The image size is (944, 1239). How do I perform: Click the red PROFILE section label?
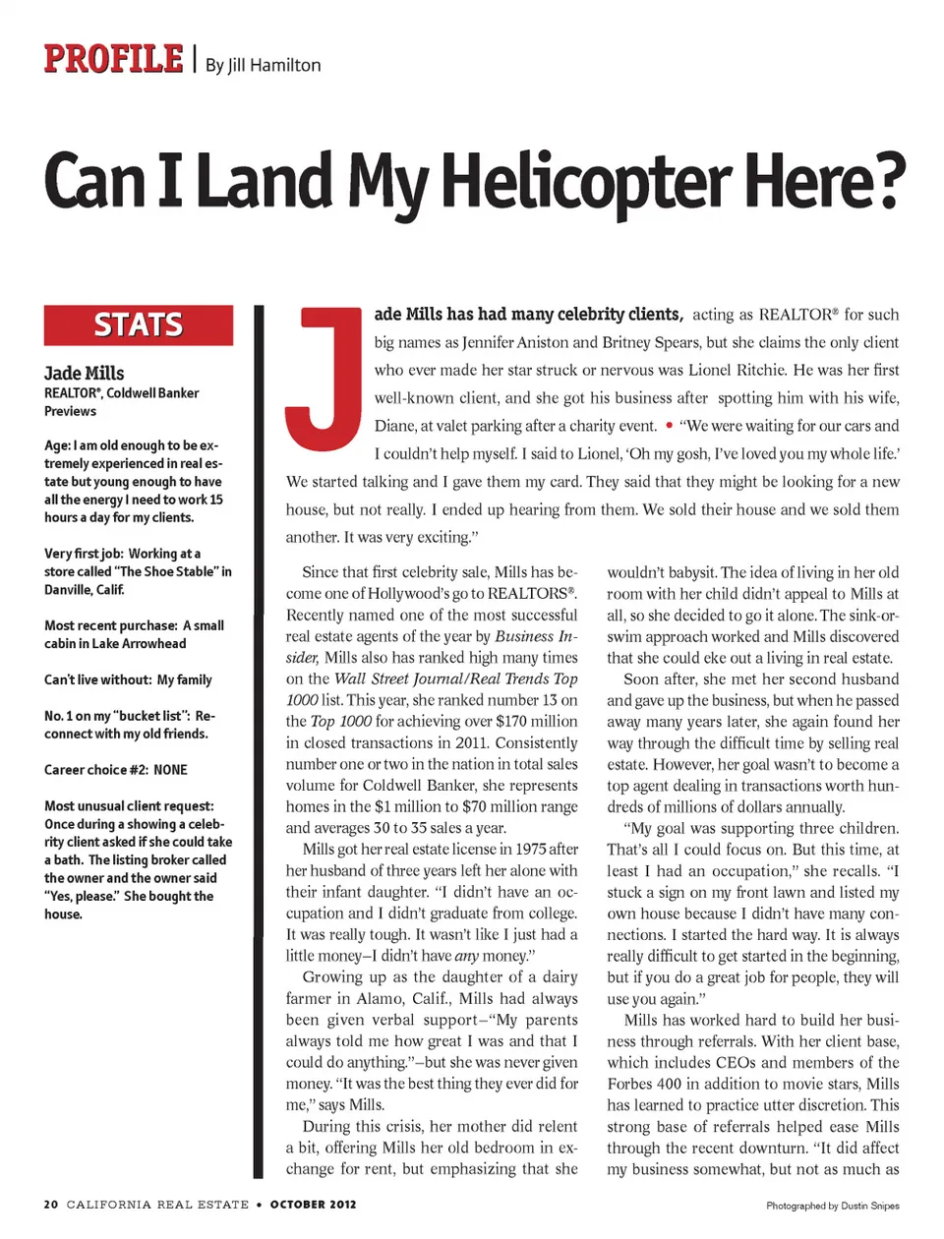[113, 60]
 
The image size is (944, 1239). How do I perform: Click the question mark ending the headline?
[886, 182]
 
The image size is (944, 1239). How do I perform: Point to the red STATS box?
[139, 325]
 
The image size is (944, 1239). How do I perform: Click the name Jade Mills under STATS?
[85, 374]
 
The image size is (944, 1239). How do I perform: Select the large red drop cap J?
[324, 379]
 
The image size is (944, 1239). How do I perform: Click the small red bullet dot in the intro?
[669, 426]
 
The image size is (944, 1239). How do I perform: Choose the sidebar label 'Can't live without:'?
[97, 679]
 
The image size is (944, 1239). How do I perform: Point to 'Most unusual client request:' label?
[129, 806]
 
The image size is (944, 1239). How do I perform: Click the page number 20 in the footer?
[51, 1205]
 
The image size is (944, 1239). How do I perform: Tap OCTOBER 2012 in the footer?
[313, 1205]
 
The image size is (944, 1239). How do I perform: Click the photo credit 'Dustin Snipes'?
[870, 1206]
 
